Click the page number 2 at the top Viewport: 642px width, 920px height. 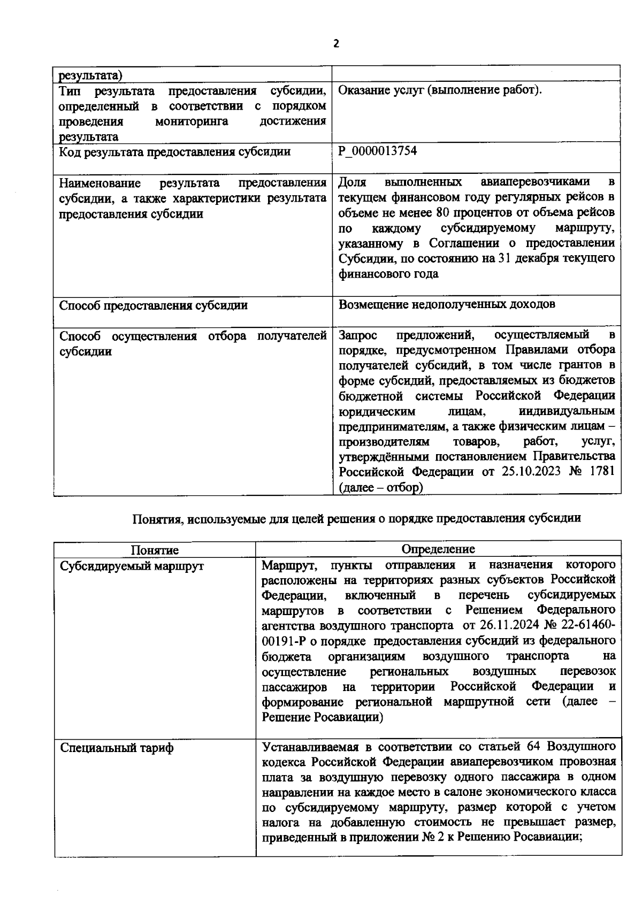336,44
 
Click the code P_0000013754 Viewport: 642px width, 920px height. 377,151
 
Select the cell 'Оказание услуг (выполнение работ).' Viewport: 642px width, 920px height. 440,90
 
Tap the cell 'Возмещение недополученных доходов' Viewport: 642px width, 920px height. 447,304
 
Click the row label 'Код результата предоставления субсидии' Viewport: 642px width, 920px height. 175,152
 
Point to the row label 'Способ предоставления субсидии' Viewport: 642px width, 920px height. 153,305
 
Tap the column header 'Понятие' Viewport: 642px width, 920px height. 155,550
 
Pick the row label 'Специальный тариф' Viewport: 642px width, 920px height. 117,748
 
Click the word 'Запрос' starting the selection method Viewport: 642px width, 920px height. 357,335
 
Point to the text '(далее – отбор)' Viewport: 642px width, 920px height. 380,488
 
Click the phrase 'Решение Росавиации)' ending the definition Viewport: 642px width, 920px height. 323,717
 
